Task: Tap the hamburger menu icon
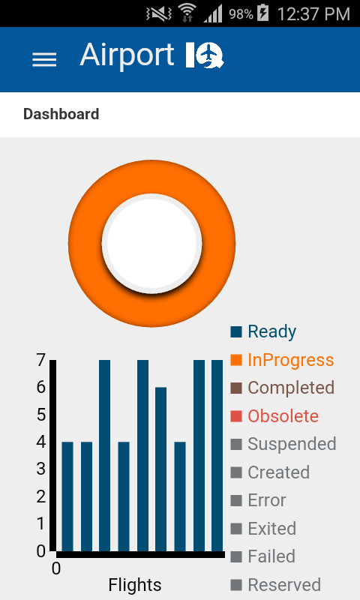coord(44,60)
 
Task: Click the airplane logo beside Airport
coord(205,55)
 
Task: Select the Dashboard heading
coord(61,114)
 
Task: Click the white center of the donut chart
coord(151,243)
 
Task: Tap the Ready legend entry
coord(263,331)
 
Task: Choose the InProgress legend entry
coord(282,360)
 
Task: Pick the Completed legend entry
coord(282,388)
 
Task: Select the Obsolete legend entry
coord(274,416)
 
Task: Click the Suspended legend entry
coord(283,444)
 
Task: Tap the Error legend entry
coord(258,500)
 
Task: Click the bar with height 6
coord(160,469)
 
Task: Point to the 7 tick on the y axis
coord(41,360)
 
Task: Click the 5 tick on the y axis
coord(41,415)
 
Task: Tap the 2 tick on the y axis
coord(41,496)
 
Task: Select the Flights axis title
coord(135,585)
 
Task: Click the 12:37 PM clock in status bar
coord(313,14)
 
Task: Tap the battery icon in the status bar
coord(262,13)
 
